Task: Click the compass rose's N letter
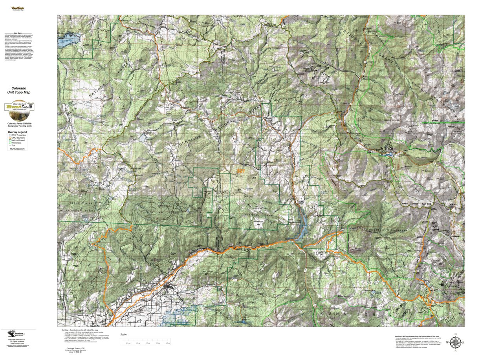point(455,335)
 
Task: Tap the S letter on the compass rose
point(455,351)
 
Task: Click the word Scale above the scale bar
point(124,334)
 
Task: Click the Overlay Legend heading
point(17,132)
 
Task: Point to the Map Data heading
point(18,33)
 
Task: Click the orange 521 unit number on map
point(241,171)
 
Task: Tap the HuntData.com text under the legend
point(17,149)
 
